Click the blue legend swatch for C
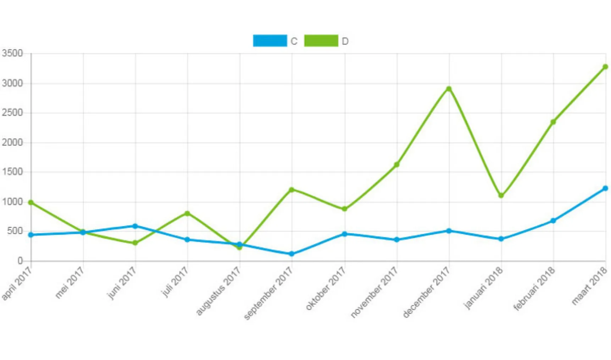[x=270, y=41]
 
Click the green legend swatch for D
[x=321, y=41]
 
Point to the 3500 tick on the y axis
[x=12, y=54]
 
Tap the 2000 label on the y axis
[x=12, y=142]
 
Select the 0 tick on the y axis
[x=20, y=261]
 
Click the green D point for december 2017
[x=449, y=89]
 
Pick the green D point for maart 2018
[x=605, y=67]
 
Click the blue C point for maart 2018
[x=605, y=188]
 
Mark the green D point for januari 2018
[x=501, y=196]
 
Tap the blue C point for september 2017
[x=292, y=254]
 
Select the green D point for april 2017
[x=31, y=202]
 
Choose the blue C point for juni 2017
[x=135, y=226]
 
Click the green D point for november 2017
[x=396, y=164]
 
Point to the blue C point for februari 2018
[x=553, y=220]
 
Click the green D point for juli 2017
[x=187, y=213]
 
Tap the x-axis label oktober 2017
[x=326, y=289]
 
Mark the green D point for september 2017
[x=292, y=190]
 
